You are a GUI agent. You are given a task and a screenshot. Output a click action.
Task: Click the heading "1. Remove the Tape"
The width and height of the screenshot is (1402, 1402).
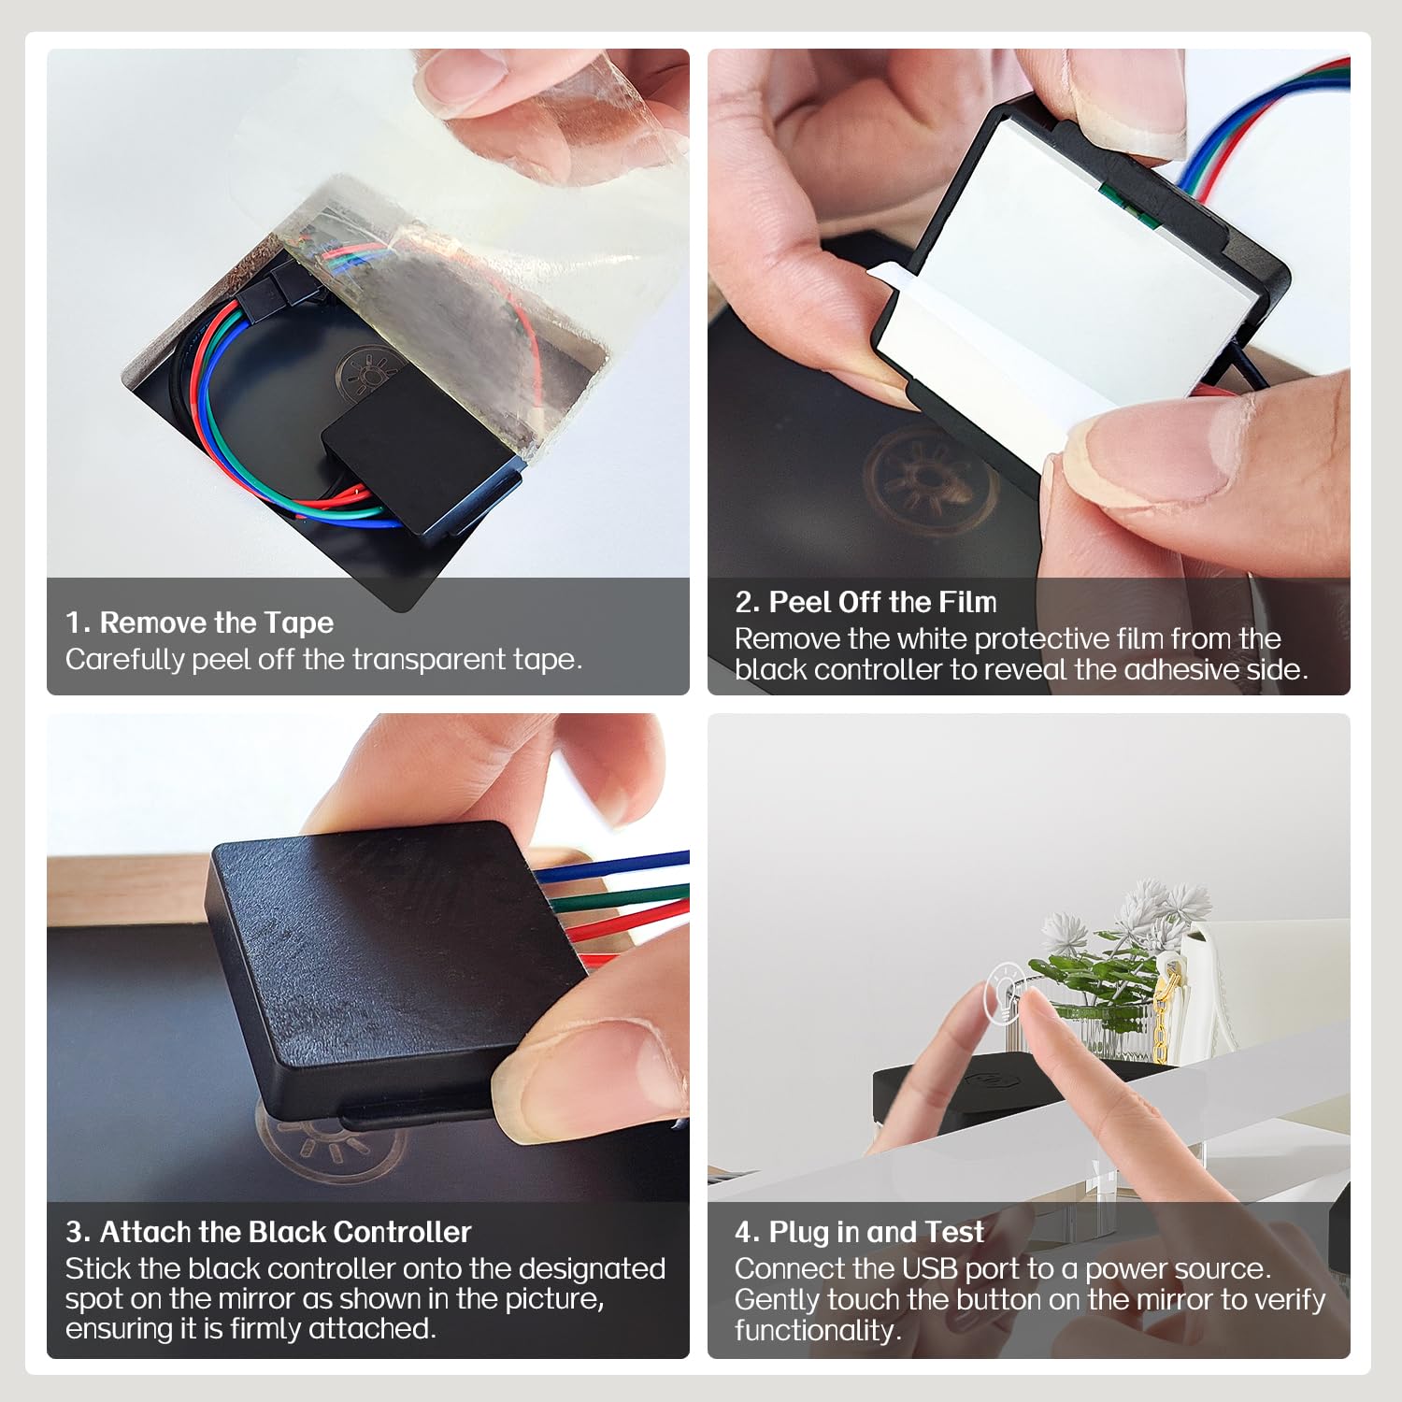(199, 622)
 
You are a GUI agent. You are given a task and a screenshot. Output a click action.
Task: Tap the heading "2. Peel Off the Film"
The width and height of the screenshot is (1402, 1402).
(866, 602)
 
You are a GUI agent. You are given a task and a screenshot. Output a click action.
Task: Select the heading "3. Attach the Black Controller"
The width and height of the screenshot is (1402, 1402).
(268, 1232)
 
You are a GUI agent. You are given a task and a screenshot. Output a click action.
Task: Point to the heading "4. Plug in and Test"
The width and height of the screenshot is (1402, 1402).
(859, 1232)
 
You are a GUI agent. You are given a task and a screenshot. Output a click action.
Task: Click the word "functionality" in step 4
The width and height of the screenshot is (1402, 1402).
(814, 1330)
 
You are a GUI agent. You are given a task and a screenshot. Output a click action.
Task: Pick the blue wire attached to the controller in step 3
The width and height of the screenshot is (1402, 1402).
(612, 866)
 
